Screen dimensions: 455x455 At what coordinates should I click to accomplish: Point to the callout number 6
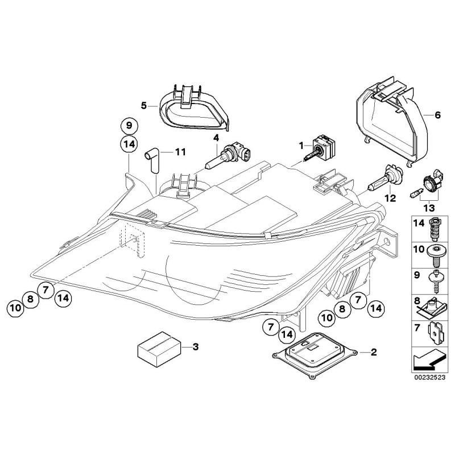pyautogui.click(x=437, y=115)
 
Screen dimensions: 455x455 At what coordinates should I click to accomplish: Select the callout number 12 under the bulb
pyautogui.click(x=389, y=198)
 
